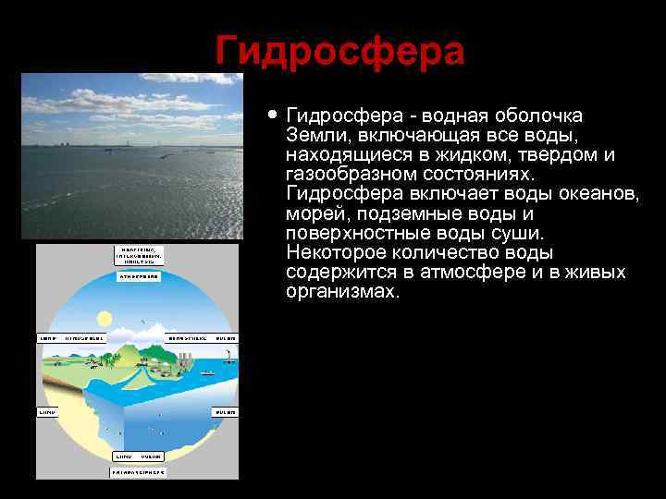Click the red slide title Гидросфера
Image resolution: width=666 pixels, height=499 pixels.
tap(339, 51)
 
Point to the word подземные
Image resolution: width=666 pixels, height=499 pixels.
tap(401, 213)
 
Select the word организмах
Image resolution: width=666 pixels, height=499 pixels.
tap(342, 292)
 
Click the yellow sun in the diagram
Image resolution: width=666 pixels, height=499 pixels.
tap(105, 318)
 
